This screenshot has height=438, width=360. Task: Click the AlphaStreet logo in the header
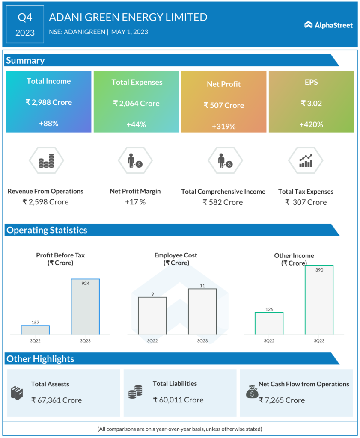coord(328,25)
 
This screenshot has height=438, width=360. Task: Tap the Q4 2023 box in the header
coord(25,24)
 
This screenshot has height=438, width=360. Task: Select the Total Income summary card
coord(49,102)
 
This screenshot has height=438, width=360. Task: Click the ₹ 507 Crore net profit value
coord(224,105)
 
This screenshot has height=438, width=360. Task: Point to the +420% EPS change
coord(311,125)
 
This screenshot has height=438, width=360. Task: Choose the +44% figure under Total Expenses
coord(136,124)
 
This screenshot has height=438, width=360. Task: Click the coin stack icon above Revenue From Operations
coord(46,161)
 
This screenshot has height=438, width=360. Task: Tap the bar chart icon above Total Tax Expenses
coord(306,161)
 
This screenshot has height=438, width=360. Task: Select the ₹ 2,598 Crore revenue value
coord(45,202)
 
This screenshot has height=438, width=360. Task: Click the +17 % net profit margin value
coord(135,202)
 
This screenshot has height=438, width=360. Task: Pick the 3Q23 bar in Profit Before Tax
coord(85,307)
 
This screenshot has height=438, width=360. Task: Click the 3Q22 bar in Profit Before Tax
coord(35,330)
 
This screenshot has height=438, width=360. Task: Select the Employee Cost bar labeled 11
coord(202,311)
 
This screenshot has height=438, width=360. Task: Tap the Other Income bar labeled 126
coord(269,323)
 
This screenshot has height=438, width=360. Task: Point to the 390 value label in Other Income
coord(319,270)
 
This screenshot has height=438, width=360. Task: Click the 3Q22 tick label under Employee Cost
coord(152,341)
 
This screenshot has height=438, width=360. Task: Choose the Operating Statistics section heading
coord(47,230)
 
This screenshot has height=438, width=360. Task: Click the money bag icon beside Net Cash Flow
coord(252,391)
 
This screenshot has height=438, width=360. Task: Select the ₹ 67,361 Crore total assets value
coord(57,400)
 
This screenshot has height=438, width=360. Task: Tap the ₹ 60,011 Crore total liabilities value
coord(178,400)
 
